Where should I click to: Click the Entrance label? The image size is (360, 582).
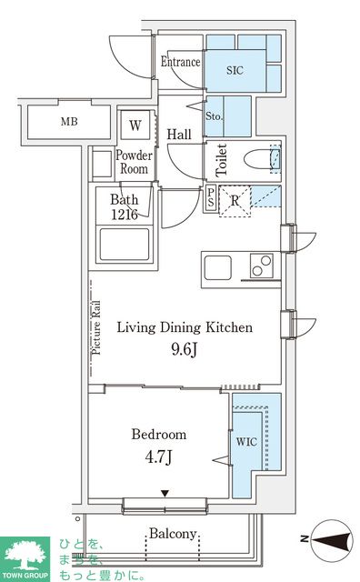[x=180, y=62]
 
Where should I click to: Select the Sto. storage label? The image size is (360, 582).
[x=215, y=116]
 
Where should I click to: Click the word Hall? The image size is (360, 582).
[x=179, y=135]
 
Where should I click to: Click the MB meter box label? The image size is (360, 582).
[x=69, y=122]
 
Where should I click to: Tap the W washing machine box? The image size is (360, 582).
[x=135, y=125]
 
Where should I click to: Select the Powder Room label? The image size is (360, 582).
[x=133, y=162]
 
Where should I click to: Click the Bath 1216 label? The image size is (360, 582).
[x=124, y=208]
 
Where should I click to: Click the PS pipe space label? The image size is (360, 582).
[x=211, y=198]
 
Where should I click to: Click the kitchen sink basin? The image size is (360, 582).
[x=219, y=269]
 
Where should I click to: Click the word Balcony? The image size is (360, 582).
[x=174, y=535]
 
